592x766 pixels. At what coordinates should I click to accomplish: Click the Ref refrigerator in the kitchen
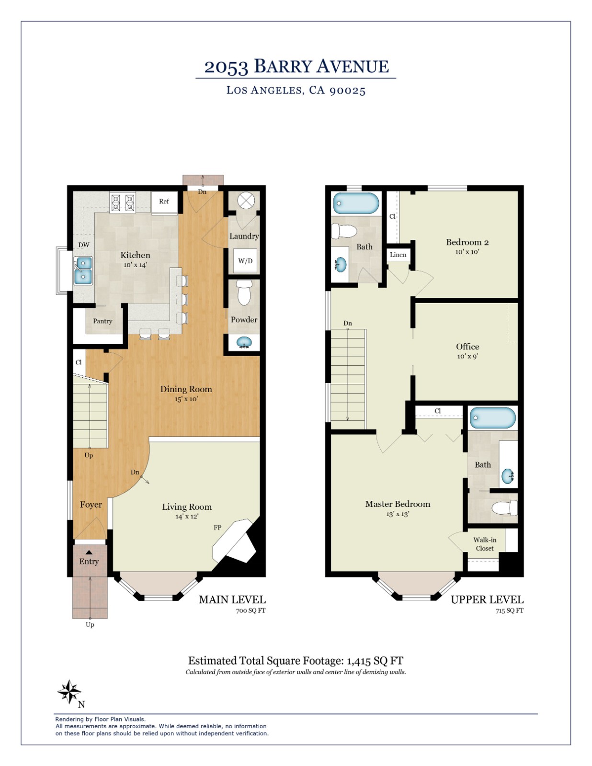[x=164, y=202]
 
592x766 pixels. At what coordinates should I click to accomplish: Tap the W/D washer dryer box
[x=245, y=261]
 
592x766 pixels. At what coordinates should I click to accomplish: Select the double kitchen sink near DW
[x=83, y=270]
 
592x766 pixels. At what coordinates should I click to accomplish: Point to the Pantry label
[x=102, y=321]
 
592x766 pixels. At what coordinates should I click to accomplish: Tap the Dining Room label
[x=186, y=389]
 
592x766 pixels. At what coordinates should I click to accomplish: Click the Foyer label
[x=91, y=505]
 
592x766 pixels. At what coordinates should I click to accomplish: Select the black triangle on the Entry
[x=89, y=552]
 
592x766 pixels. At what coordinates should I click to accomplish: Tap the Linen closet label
[x=398, y=255]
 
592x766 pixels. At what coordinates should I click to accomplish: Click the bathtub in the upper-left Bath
[x=356, y=203]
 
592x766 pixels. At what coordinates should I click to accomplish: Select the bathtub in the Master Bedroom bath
[x=492, y=417]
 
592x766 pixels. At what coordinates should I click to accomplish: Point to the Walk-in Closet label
[x=485, y=544]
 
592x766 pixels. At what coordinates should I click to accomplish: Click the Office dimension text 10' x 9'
[x=467, y=356]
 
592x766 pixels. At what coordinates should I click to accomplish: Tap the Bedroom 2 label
[x=467, y=242]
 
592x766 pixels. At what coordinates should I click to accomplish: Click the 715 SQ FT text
[x=509, y=611]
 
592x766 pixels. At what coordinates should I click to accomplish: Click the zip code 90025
[x=347, y=90]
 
